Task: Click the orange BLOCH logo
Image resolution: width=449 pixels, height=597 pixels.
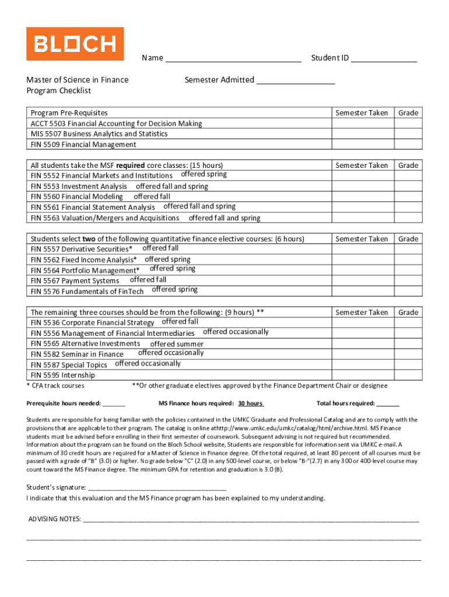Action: (x=75, y=44)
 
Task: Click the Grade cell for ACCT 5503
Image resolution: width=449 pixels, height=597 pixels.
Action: (x=408, y=124)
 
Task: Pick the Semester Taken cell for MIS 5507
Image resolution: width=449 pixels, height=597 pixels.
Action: (x=362, y=134)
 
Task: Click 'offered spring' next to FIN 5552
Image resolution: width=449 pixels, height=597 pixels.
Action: (x=204, y=174)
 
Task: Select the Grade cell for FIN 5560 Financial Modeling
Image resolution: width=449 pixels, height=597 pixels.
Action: (x=408, y=197)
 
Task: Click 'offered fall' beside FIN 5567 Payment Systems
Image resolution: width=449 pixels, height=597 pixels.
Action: (x=148, y=280)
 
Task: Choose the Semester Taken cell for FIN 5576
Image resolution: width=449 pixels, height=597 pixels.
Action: (x=362, y=291)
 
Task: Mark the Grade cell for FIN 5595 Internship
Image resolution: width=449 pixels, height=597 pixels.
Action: (x=408, y=375)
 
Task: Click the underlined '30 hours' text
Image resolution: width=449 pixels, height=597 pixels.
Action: (x=250, y=403)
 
